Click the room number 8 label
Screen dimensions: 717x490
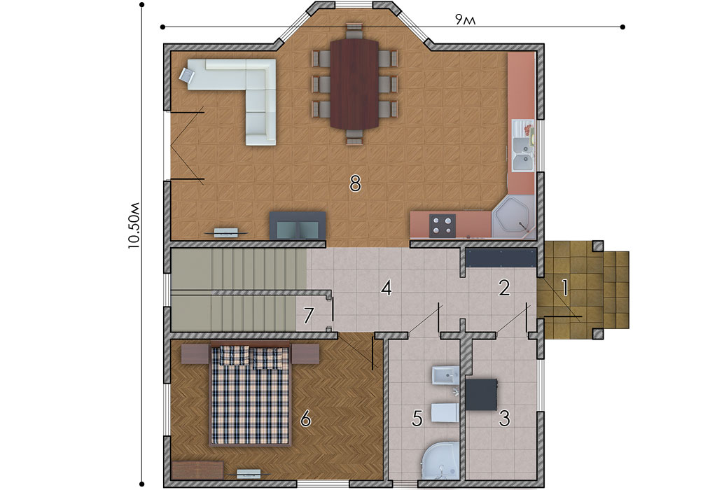pos(355,183)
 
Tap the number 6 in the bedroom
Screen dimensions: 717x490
pos(305,418)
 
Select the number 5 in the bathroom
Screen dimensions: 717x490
pos(417,418)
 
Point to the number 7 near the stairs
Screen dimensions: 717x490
pos(309,315)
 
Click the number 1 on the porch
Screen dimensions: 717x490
pos(565,288)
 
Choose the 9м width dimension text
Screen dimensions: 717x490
pos(466,20)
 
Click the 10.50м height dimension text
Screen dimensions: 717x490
pos(134,225)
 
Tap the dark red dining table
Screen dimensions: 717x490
pos(354,84)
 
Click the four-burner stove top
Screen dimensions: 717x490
pos(443,225)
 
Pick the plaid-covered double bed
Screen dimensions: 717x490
pos(250,394)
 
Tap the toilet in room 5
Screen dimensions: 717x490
pos(445,412)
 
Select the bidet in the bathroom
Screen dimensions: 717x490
pos(445,375)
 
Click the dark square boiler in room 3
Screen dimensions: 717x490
pos(482,395)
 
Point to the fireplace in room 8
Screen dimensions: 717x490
pos(297,225)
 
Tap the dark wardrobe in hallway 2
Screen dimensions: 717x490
pos(501,259)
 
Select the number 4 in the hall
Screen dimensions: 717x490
pos(387,288)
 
